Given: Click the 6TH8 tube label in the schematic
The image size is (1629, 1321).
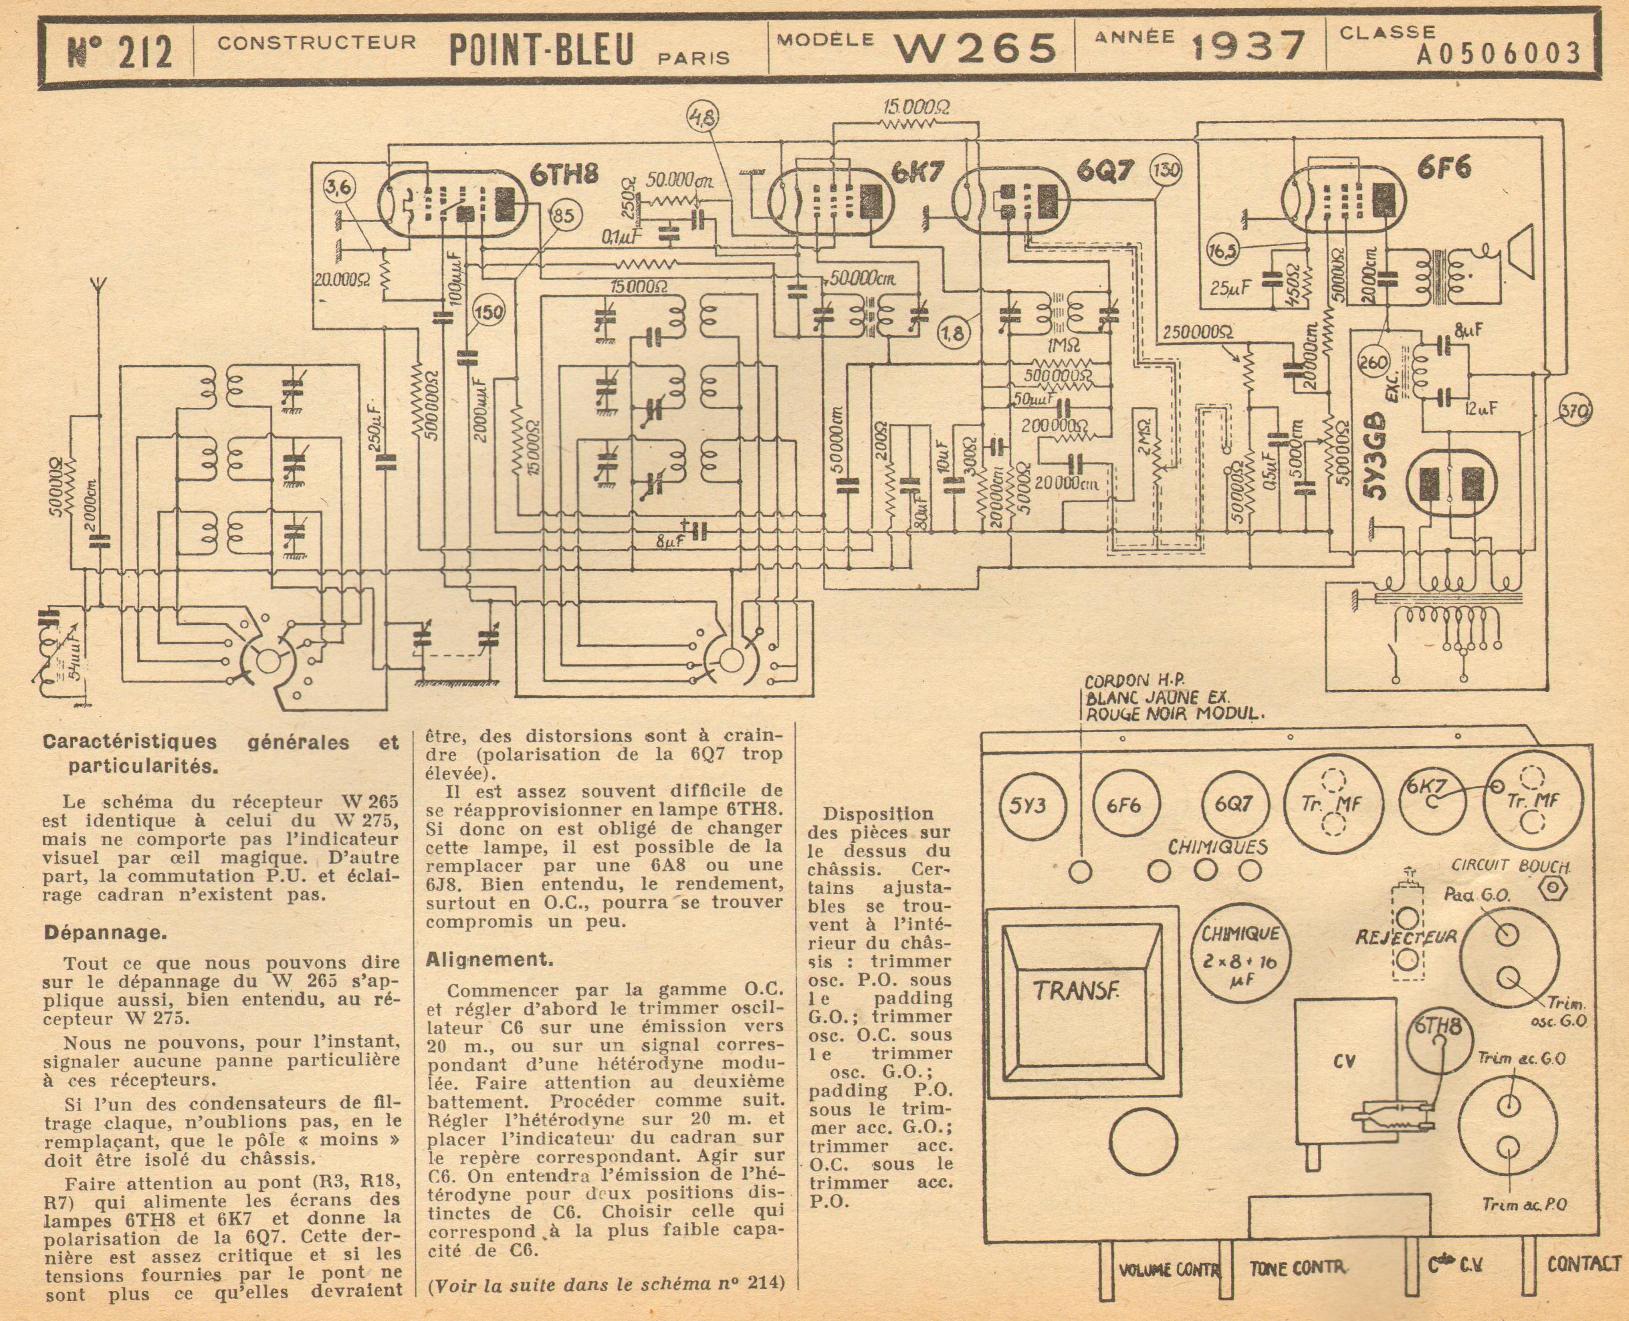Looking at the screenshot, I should (565, 176).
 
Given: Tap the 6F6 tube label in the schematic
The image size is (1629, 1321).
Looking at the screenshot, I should (1442, 169).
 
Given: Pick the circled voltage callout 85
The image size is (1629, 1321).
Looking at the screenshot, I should (562, 217).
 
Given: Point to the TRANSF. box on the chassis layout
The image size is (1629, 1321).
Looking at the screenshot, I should (1075, 990).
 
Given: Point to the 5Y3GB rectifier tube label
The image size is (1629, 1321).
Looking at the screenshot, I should (1377, 455).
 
